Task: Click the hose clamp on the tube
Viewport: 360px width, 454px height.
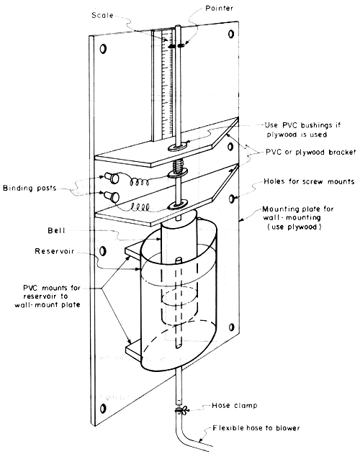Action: click(177, 411)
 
